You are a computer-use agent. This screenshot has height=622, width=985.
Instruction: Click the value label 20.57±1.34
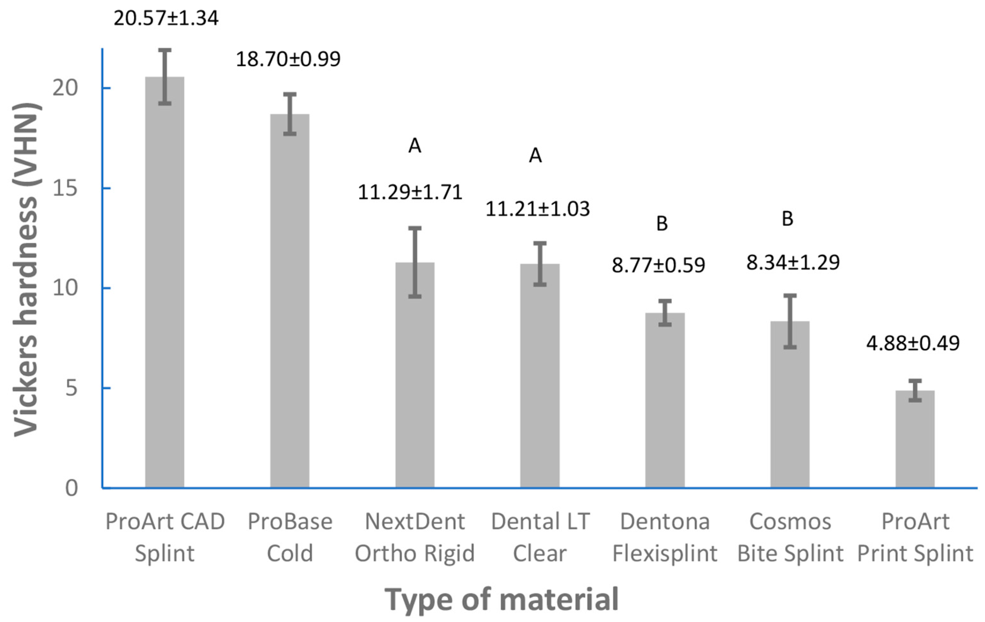coord(166,18)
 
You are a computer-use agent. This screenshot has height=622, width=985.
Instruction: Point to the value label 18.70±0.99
coord(288,59)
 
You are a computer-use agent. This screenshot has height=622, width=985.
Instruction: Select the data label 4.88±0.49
coord(913,343)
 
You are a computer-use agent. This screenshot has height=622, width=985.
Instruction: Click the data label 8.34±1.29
coord(793,262)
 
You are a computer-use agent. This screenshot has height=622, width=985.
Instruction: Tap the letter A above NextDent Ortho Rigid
coord(415,146)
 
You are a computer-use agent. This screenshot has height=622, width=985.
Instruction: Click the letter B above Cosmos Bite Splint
coord(788,219)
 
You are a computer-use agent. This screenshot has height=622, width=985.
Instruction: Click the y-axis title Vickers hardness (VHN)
coord(27,270)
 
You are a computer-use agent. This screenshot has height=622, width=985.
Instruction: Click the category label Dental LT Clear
coord(540,538)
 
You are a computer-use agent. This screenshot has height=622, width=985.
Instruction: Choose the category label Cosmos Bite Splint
coord(790,538)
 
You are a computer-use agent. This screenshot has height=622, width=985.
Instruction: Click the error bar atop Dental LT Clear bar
coord(540,264)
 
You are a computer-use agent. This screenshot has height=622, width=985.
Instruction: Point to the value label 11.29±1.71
coord(410,192)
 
